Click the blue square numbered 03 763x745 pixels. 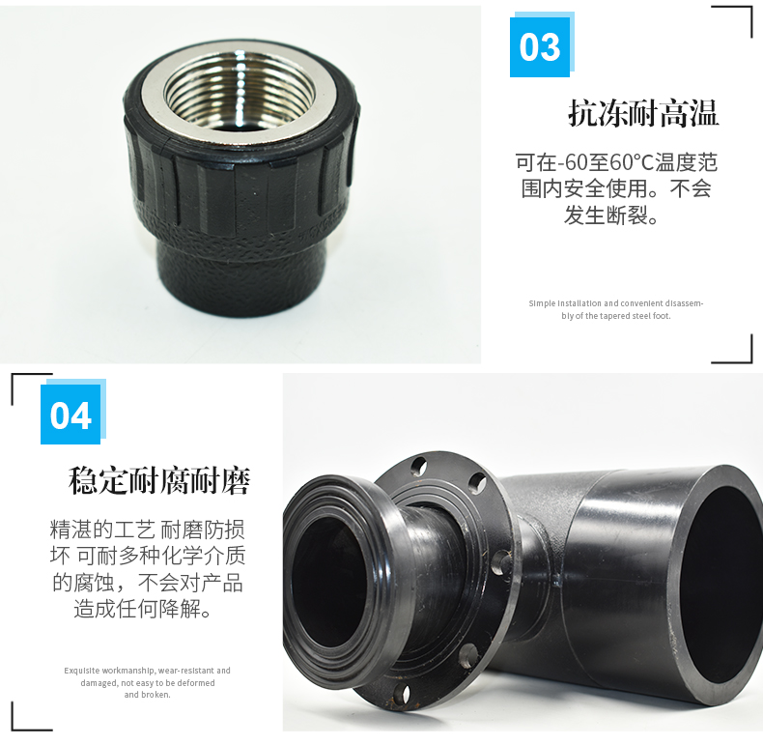(540, 46)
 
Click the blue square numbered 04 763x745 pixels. (71, 415)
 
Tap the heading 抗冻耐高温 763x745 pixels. (643, 113)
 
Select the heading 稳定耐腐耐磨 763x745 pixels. (159, 480)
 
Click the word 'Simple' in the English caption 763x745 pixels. (542, 303)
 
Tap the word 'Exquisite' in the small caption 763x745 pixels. (82, 671)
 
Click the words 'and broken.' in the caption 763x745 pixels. (148, 695)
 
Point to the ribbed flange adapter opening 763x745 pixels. (327, 576)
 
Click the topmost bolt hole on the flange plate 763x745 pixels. (418, 466)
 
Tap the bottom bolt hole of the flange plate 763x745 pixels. (402, 695)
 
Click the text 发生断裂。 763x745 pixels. (611, 215)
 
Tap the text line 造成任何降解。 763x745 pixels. (142, 609)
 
